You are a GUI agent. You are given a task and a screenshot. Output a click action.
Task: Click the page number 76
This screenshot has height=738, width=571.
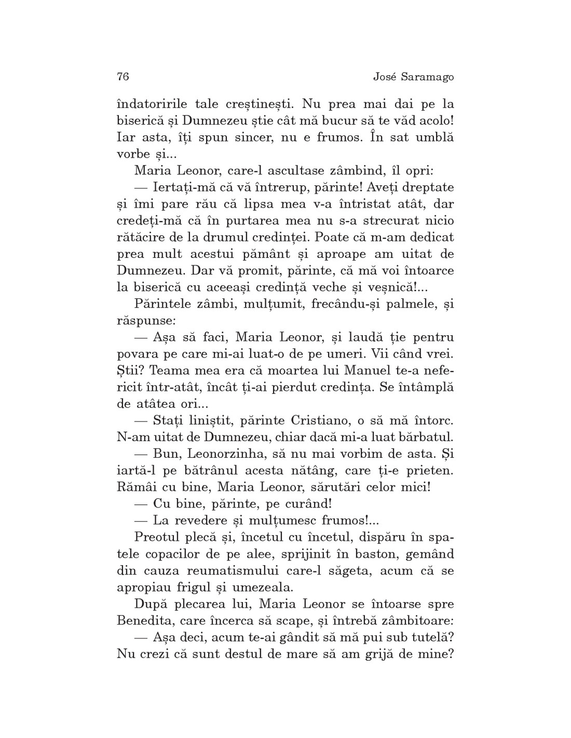(x=123, y=77)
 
